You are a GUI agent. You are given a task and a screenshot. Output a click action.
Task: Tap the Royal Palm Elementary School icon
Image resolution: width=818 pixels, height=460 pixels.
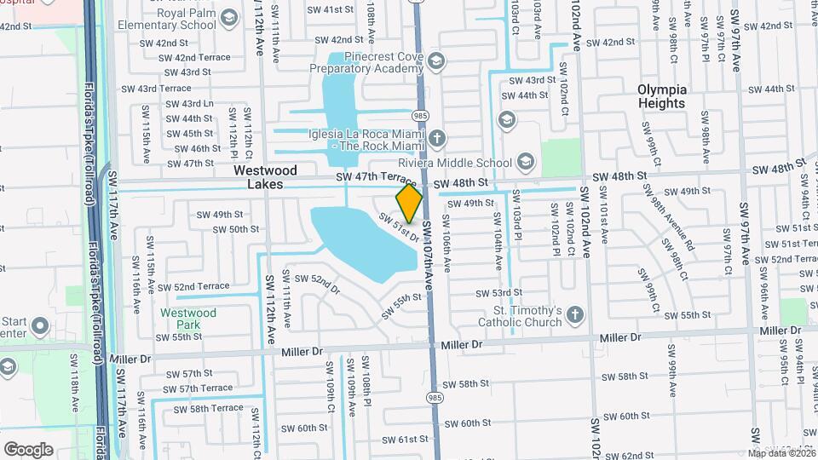228,17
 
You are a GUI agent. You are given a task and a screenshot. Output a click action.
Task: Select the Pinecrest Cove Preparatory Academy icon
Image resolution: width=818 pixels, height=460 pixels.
436,60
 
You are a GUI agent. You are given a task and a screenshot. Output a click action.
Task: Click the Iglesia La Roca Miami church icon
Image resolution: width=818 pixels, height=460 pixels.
436,138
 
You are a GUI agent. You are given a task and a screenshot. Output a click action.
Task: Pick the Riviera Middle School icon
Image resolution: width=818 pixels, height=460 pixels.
526,162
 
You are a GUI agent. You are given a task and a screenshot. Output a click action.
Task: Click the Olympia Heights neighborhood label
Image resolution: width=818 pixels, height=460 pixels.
661,95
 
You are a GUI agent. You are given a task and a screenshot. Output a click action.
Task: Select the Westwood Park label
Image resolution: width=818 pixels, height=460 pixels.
188,319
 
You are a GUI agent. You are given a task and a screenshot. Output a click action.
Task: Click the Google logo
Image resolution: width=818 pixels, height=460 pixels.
28,449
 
